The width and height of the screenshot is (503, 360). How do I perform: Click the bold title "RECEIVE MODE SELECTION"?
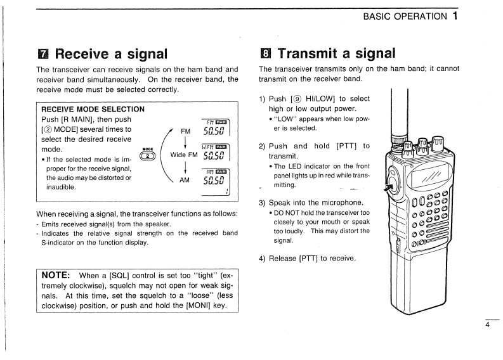(x=93, y=109)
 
